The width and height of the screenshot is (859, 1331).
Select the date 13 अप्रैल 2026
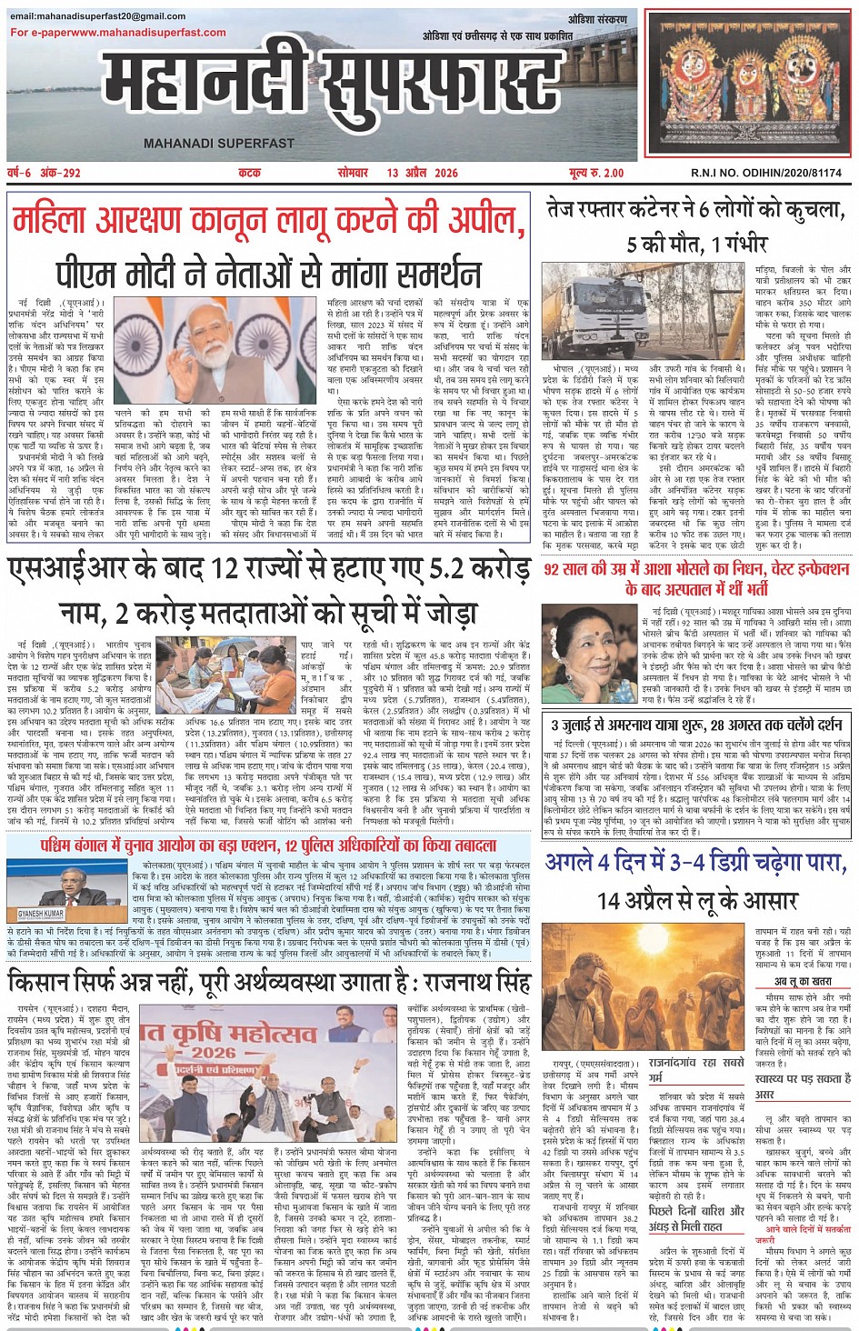click(x=422, y=173)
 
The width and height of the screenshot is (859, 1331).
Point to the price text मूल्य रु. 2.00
click(x=596, y=173)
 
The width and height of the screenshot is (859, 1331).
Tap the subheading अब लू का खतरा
click(x=803, y=981)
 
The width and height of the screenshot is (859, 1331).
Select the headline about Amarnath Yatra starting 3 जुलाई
click(x=695, y=726)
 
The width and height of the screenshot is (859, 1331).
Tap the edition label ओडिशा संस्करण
click(x=597, y=20)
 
